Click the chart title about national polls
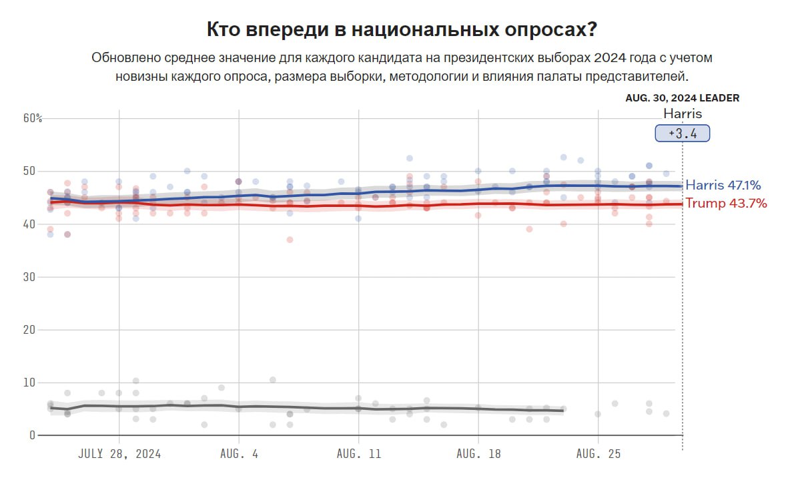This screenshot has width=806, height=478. point(402,30)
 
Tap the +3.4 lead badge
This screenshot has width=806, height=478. point(682,134)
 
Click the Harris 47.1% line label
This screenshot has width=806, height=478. point(724,186)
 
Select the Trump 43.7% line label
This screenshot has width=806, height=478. point(726,203)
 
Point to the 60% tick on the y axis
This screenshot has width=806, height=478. point(33,119)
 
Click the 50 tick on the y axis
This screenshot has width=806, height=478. point(30,172)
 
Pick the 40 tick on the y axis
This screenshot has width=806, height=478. point(30,224)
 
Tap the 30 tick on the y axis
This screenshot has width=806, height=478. point(30,277)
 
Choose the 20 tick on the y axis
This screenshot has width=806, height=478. point(30,330)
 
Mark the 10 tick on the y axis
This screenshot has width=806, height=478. point(30,383)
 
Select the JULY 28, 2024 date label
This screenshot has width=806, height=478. point(119,454)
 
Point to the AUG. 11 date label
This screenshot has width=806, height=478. point(358,454)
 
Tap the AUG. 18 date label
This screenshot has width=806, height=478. point(478,454)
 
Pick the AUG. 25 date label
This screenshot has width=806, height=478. point(598,454)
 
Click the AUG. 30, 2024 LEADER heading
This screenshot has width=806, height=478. point(682,98)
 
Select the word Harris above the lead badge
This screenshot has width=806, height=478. point(682,113)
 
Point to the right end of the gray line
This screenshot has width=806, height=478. point(564,411)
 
